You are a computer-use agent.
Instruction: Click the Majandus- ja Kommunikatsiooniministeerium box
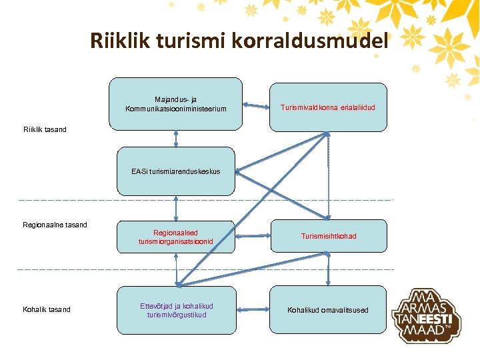click(x=175, y=103)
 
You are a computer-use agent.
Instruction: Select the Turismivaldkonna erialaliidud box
click(x=328, y=106)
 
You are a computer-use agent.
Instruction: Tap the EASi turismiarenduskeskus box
click(x=175, y=171)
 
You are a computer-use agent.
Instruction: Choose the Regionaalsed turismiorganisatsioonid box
click(x=175, y=237)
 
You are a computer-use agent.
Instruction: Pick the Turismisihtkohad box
click(x=328, y=236)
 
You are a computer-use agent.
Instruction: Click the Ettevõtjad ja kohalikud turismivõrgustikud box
click(x=175, y=310)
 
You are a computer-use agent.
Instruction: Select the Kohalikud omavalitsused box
click(x=328, y=310)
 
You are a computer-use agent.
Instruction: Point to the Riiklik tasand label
click(x=45, y=129)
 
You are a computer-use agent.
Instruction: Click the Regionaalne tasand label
click(x=55, y=225)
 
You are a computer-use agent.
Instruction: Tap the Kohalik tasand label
click(x=47, y=309)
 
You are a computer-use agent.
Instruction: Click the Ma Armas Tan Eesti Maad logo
click(x=426, y=315)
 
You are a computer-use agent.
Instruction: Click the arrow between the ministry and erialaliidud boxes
click(x=255, y=105)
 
